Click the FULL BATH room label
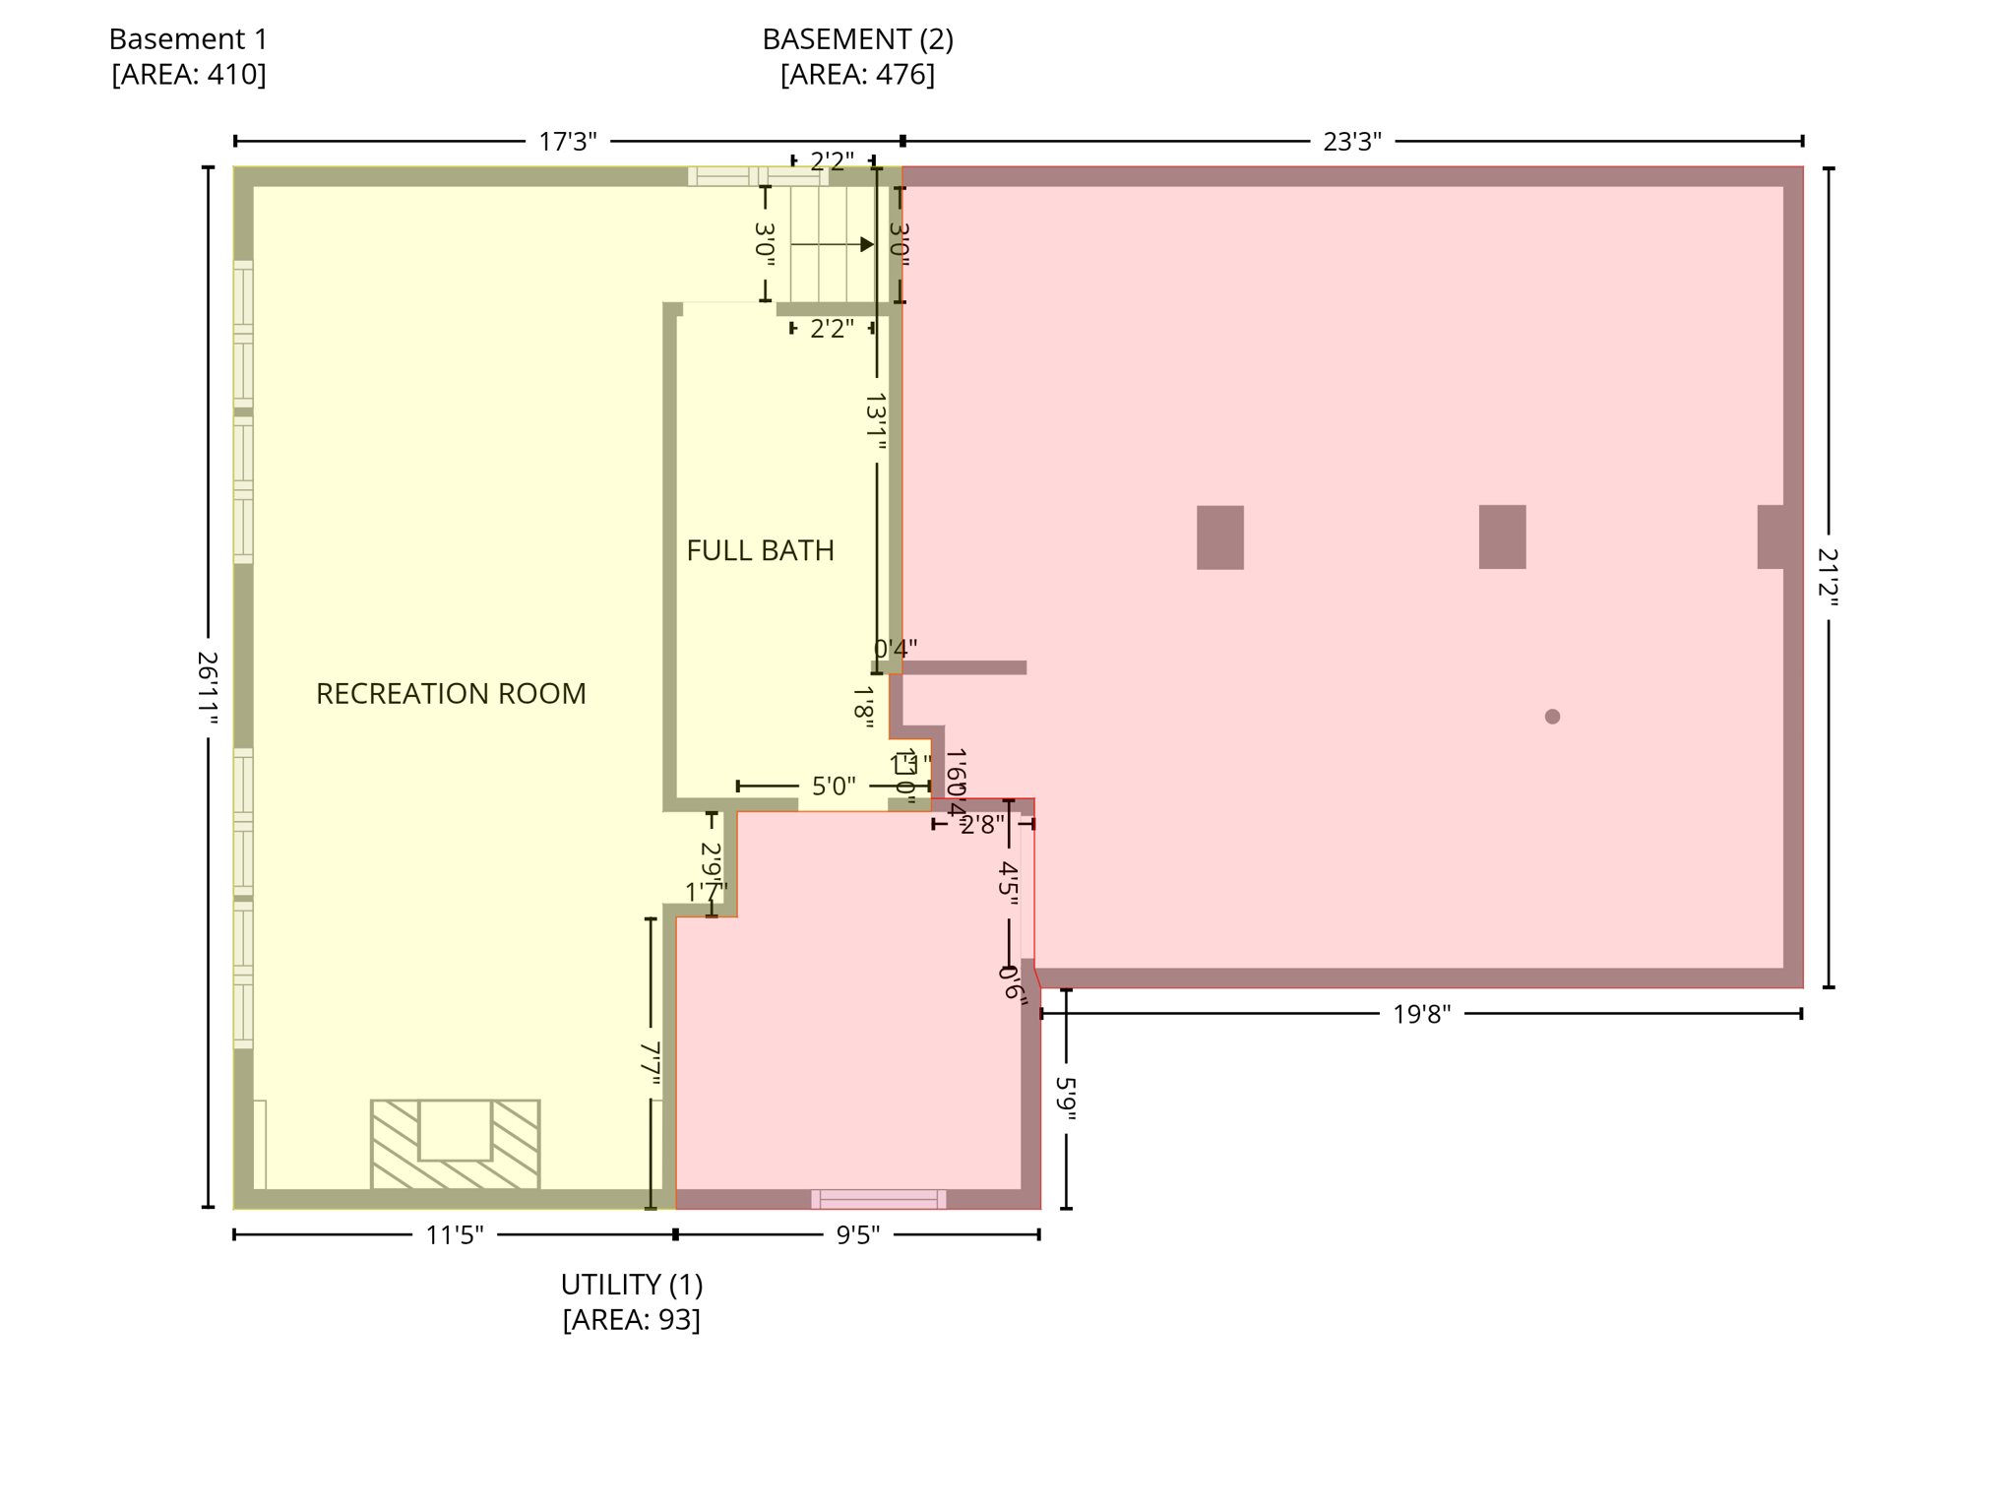coord(760,550)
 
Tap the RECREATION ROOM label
coord(451,694)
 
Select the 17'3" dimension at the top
coord(568,142)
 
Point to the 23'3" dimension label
coord(1351,142)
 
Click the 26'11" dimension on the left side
coord(208,688)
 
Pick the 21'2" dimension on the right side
coord(1828,577)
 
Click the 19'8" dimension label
coord(1421,1014)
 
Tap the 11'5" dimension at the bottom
coord(454,1234)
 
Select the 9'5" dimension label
coord(857,1234)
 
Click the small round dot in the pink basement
coord(1552,717)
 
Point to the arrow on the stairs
coord(833,244)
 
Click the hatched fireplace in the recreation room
coord(455,1143)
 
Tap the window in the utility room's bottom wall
coord(878,1199)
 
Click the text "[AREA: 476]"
coord(857,75)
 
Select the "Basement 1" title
coord(188,39)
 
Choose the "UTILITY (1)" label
coord(631,1285)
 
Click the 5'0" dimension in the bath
coord(833,787)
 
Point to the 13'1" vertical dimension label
coord(876,421)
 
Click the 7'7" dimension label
coord(651,1064)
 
